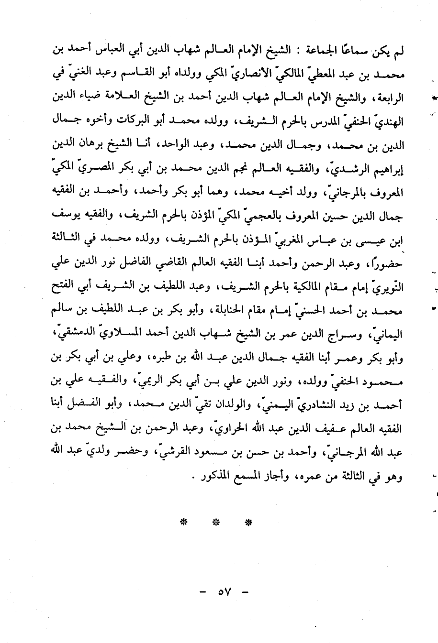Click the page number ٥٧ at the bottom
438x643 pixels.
(224, 592)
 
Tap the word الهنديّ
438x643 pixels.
(388, 122)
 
